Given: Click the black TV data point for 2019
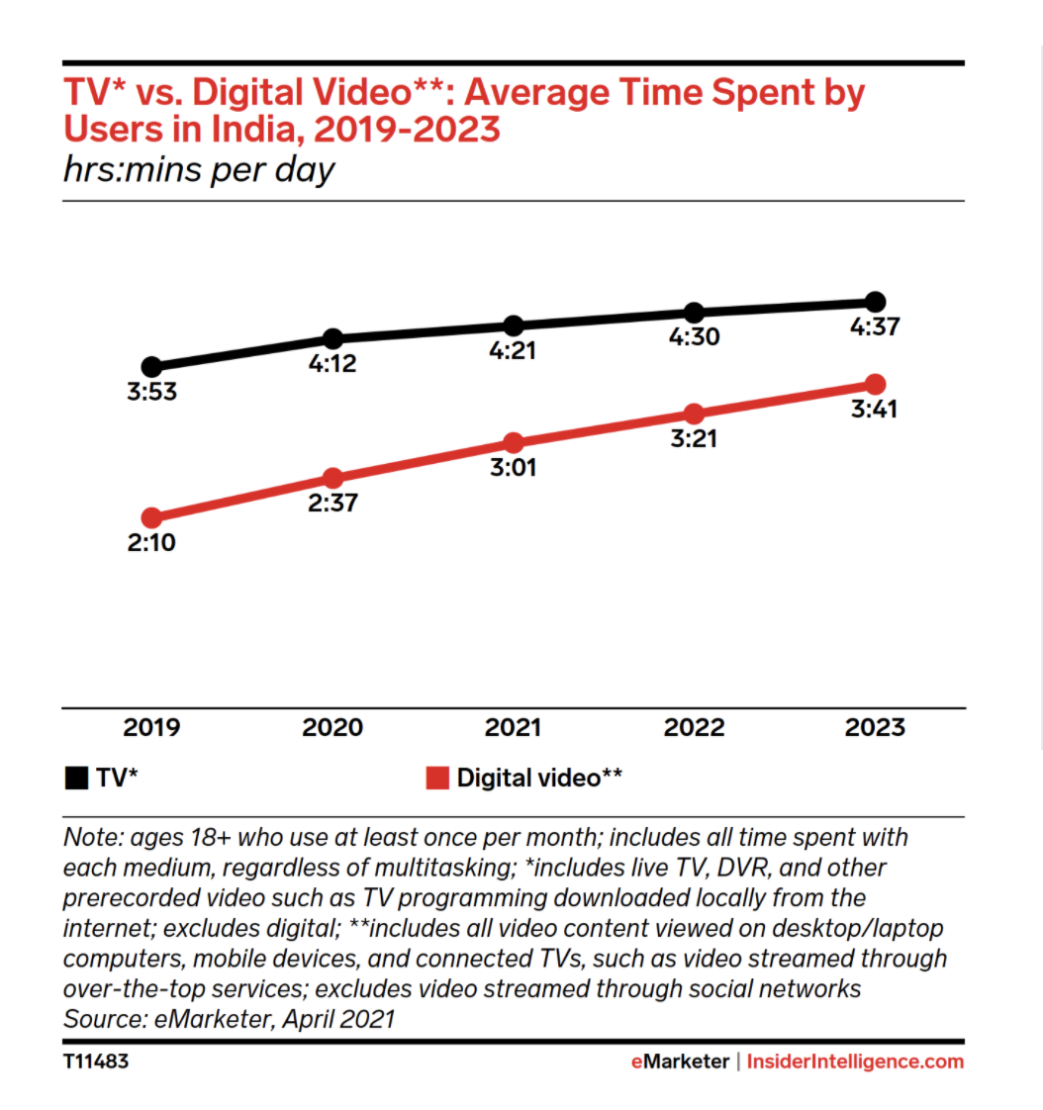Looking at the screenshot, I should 151,367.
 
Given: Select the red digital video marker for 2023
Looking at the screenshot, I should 875,384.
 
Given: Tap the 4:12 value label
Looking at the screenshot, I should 332,364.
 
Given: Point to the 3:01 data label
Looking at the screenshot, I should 513,467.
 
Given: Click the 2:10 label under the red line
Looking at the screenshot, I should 151,542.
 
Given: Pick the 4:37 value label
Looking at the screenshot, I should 875,326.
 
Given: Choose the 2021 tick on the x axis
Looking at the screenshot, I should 513,728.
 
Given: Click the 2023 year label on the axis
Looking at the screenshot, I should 875,728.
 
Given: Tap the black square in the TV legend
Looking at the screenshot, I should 76,778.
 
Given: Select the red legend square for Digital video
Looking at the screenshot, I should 437,778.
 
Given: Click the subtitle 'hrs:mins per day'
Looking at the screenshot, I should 199,170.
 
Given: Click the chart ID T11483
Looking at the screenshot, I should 96,1063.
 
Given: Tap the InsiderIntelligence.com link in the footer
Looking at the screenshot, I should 855,1062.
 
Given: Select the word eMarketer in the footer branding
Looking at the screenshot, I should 680,1062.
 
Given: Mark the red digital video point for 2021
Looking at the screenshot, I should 513,442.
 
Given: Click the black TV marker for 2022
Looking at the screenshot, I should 694,314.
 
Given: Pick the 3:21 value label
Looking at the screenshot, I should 694,438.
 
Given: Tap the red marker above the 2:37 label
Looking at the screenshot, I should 332,479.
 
